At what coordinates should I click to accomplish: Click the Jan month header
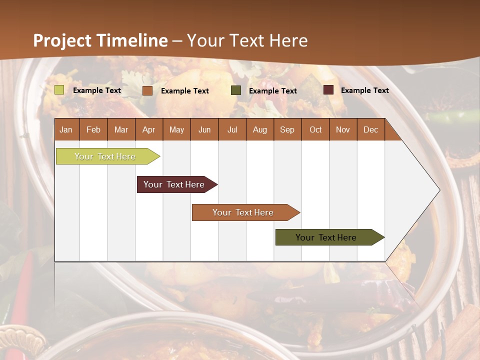click(x=66, y=129)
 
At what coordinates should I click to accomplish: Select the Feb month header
click(x=93, y=129)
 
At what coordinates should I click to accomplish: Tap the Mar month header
click(x=121, y=129)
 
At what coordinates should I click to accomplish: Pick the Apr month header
click(x=148, y=129)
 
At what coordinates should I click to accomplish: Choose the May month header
click(x=176, y=129)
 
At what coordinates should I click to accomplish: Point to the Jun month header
click(x=204, y=129)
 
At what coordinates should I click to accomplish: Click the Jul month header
click(x=232, y=129)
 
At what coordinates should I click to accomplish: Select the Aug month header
click(x=259, y=129)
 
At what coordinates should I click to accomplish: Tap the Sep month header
click(x=287, y=129)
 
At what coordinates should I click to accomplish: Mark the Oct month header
click(x=315, y=129)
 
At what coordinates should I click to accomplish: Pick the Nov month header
click(x=343, y=129)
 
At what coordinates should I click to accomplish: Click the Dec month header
click(x=370, y=129)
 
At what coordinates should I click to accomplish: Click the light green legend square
click(x=59, y=90)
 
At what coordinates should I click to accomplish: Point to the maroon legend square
click(x=328, y=90)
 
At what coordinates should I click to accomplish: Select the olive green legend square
click(x=236, y=90)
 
